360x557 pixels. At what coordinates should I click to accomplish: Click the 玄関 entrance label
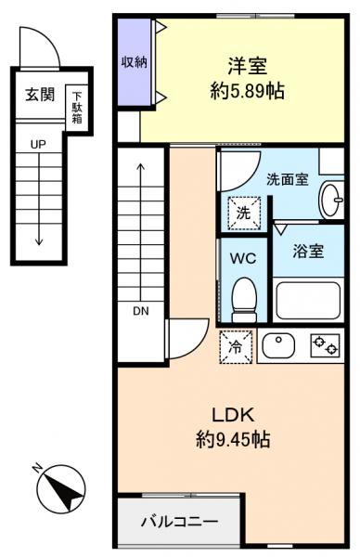point(38,94)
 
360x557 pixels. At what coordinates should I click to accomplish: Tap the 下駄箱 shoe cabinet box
point(78,106)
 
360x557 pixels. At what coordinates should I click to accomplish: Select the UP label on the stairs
point(38,145)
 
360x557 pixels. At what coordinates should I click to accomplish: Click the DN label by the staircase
point(140,311)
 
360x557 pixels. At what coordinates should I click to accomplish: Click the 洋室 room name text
point(246,67)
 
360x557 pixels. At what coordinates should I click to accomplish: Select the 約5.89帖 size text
point(246,94)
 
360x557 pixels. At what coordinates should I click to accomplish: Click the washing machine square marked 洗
point(243,213)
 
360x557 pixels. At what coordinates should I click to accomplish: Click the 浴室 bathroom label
point(309,250)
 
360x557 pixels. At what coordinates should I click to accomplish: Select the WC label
point(243,256)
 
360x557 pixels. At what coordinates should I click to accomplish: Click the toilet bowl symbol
point(243,296)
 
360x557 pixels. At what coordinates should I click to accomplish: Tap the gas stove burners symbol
point(325,346)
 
